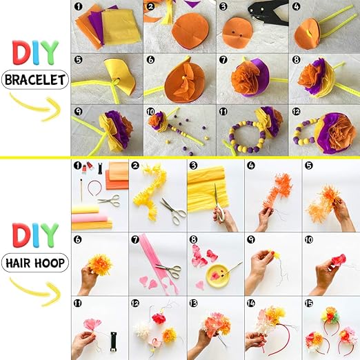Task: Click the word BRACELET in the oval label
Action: (35, 80)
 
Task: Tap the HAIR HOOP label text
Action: (35, 263)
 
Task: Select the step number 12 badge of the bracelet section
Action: (296, 112)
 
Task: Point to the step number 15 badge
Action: (308, 303)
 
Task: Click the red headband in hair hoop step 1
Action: (94, 188)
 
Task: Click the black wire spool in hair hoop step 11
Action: (113, 341)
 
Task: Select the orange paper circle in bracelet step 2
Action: (190, 31)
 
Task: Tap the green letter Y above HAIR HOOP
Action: (50, 234)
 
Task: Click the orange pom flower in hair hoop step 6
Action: (101, 265)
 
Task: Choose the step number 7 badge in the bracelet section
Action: (223, 59)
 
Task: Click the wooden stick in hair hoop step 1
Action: (81, 190)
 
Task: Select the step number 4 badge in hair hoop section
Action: (251, 166)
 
